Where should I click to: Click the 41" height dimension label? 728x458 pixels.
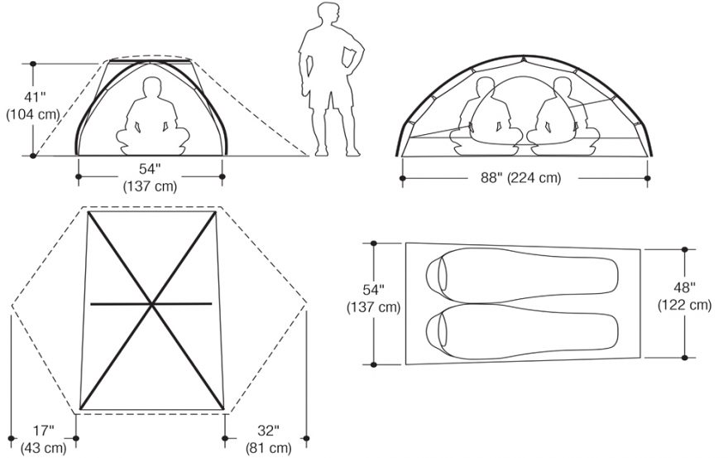click(x=36, y=97)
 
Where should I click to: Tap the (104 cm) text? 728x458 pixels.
click(x=33, y=114)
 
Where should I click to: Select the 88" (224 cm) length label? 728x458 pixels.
click(x=520, y=177)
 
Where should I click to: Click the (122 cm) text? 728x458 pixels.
click(x=684, y=305)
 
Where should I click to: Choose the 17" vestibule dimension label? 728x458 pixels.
click(x=44, y=431)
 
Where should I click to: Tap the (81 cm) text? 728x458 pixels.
click(x=268, y=448)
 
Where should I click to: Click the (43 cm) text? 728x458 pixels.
click(x=44, y=448)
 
